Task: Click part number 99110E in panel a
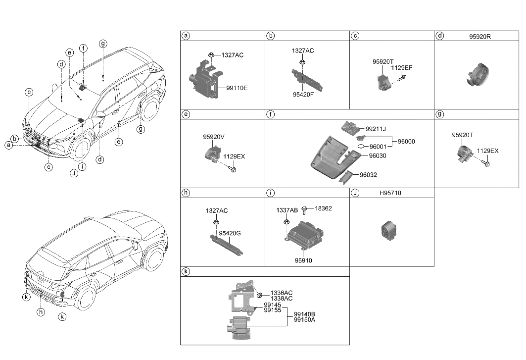click(237, 88)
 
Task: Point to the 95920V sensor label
click(214, 136)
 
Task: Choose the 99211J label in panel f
click(376, 129)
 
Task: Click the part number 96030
click(377, 155)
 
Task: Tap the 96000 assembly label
click(406, 141)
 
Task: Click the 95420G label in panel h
click(230, 232)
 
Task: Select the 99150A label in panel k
click(304, 320)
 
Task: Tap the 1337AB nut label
click(286, 210)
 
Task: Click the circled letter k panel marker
click(186, 272)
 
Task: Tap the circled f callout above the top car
click(84, 48)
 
